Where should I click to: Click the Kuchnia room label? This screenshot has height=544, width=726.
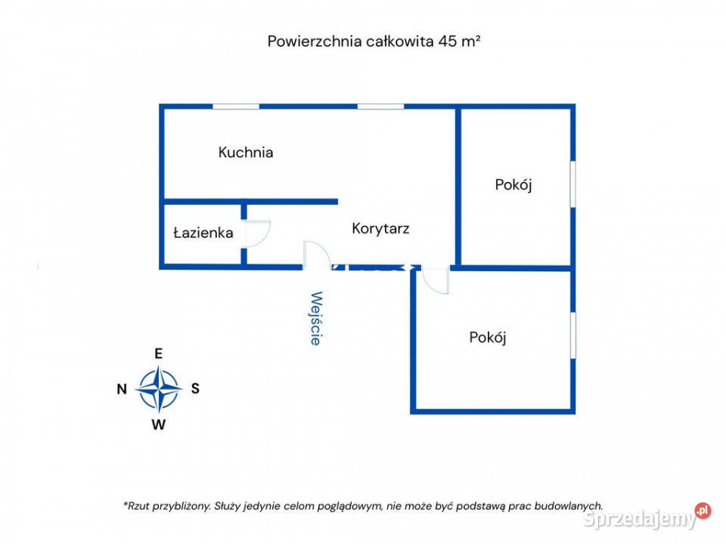pyautogui.click(x=245, y=152)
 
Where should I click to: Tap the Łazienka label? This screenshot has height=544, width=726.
pyautogui.click(x=203, y=232)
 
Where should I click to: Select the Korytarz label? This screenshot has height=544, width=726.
pyautogui.click(x=380, y=228)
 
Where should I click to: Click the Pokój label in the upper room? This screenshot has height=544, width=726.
pyautogui.click(x=513, y=184)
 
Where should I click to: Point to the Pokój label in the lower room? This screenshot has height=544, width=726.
pyautogui.click(x=488, y=337)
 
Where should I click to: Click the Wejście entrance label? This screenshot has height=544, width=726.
pyautogui.click(x=316, y=318)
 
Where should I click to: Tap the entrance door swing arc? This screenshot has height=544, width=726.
pyautogui.click(x=324, y=249)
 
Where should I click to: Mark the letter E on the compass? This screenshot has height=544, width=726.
pyautogui.click(x=158, y=354)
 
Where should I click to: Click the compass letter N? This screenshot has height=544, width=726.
pyautogui.click(x=122, y=389)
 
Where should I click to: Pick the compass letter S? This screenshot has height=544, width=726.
pyautogui.click(x=195, y=388)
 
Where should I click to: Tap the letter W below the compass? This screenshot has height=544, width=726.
pyautogui.click(x=158, y=425)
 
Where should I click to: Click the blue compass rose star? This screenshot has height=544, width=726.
pyautogui.click(x=158, y=389)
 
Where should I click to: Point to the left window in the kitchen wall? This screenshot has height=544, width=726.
pyautogui.click(x=236, y=107)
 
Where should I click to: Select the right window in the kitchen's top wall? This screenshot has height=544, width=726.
pyautogui.click(x=380, y=107)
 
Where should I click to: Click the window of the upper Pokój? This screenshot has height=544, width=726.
pyautogui.click(x=572, y=184)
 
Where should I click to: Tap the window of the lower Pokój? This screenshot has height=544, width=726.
pyautogui.click(x=572, y=335)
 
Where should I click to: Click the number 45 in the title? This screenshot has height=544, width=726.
pyautogui.click(x=448, y=41)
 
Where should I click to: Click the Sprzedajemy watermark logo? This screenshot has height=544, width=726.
pyautogui.click(x=647, y=517)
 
